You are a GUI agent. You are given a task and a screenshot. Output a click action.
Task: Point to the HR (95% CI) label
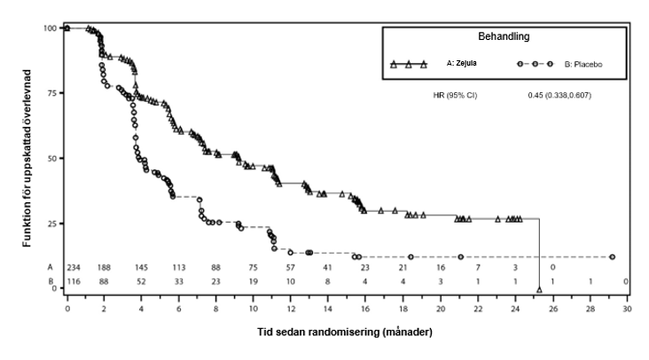[x=448, y=95]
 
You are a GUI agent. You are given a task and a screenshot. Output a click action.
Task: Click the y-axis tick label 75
[x=52, y=93]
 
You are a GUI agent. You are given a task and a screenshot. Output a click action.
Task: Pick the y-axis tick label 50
[x=52, y=158]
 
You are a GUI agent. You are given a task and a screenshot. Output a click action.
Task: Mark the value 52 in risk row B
[x=142, y=281]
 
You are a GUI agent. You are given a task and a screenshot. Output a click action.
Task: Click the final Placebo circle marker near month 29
[x=613, y=257]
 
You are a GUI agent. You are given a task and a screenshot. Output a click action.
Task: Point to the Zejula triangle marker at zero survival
[x=539, y=289]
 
